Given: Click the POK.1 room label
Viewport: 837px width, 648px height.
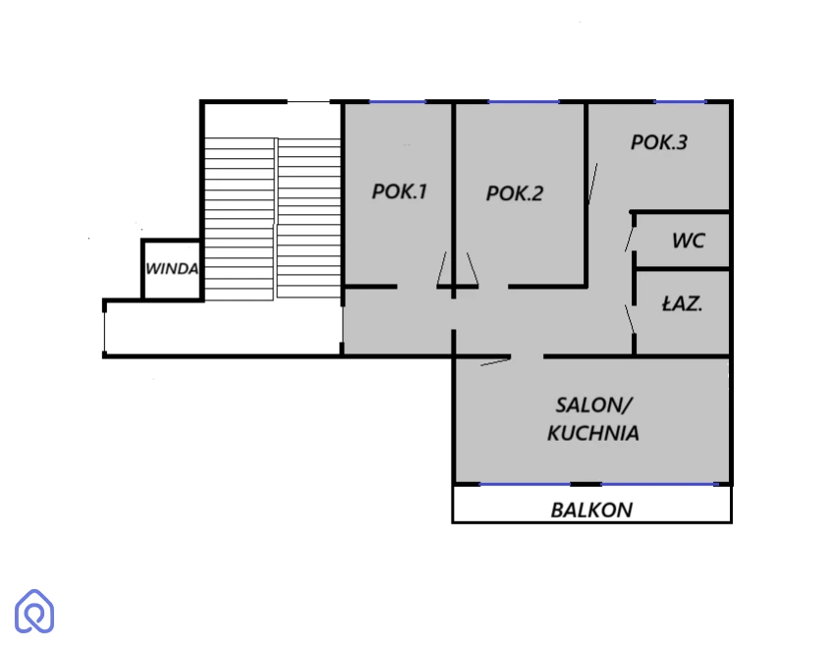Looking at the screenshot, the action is click(x=399, y=191).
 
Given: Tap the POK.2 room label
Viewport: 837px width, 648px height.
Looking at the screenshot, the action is click(x=515, y=193).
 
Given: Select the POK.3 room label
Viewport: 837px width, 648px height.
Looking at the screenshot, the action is click(x=659, y=142).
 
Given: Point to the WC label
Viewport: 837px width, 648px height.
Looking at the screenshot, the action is click(x=689, y=241).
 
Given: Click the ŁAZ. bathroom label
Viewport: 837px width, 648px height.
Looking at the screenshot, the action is click(x=682, y=303).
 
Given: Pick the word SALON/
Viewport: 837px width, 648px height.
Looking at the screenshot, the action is click(x=593, y=405).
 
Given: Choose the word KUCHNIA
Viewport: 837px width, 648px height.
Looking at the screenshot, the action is click(x=593, y=433).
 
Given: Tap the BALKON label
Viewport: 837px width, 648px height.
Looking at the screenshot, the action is click(x=591, y=511).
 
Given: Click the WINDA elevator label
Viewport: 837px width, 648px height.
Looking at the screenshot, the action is click(x=172, y=269).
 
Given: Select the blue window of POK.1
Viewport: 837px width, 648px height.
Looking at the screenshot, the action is click(x=398, y=101).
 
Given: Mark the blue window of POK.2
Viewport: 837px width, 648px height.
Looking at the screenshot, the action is click(x=524, y=101).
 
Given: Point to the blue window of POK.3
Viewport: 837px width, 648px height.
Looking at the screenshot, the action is click(x=681, y=101).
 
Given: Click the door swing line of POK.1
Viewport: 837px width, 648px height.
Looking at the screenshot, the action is click(x=442, y=269).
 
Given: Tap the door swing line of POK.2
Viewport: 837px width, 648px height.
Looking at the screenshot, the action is click(x=472, y=269).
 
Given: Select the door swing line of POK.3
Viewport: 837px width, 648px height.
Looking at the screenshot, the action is click(x=592, y=184).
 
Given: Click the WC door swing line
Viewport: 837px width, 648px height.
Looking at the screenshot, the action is click(x=630, y=239).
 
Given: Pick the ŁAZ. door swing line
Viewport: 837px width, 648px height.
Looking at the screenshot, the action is click(x=630, y=319).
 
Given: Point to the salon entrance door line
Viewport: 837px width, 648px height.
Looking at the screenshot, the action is click(x=496, y=362).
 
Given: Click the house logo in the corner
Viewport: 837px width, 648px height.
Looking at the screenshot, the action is click(x=34, y=612).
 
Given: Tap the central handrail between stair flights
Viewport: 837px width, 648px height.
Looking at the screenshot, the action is click(x=276, y=219).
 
